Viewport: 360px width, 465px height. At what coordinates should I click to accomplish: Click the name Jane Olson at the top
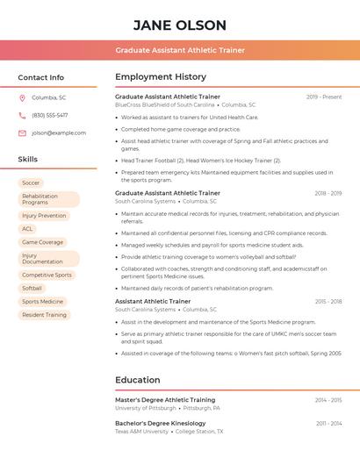tap(180, 25)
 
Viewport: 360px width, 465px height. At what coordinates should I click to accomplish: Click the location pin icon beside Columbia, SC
tap(22, 97)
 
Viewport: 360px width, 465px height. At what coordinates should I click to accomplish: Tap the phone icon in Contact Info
tap(22, 115)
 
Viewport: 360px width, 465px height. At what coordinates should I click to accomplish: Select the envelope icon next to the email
tap(22, 132)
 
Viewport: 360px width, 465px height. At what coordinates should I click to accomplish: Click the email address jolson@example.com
tap(59, 132)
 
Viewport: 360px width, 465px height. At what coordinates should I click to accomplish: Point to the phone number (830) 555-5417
tap(50, 115)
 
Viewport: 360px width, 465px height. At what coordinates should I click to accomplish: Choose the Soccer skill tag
tap(31, 182)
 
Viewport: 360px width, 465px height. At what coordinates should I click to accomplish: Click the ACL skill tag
tap(27, 229)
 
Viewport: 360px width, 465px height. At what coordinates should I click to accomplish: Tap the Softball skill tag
tap(32, 288)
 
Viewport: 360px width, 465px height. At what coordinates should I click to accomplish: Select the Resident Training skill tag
tap(44, 314)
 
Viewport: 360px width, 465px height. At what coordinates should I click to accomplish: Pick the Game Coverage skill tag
tap(42, 242)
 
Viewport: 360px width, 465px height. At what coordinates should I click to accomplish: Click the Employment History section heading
tap(161, 76)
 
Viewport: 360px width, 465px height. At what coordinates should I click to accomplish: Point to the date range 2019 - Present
tap(324, 97)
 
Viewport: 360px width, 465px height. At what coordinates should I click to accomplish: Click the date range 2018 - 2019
tap(328, 193)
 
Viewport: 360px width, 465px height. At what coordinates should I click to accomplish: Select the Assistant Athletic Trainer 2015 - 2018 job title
tap(153, 301)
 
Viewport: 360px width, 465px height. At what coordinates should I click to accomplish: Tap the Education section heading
tap(137, 380)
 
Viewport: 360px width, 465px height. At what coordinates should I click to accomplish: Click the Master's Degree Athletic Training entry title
tap(165, 400)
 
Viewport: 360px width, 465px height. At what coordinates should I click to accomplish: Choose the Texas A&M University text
tap(141, 432)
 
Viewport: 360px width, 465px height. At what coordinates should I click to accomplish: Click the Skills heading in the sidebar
tap(28, 159)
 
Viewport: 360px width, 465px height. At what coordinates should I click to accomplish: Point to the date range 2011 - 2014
tap(329, 424)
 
